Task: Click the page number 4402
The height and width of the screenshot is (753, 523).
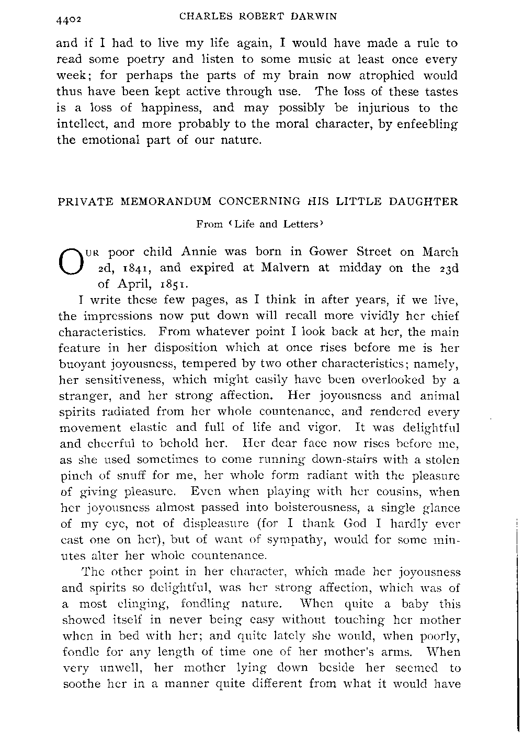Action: (x=72, y=19)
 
